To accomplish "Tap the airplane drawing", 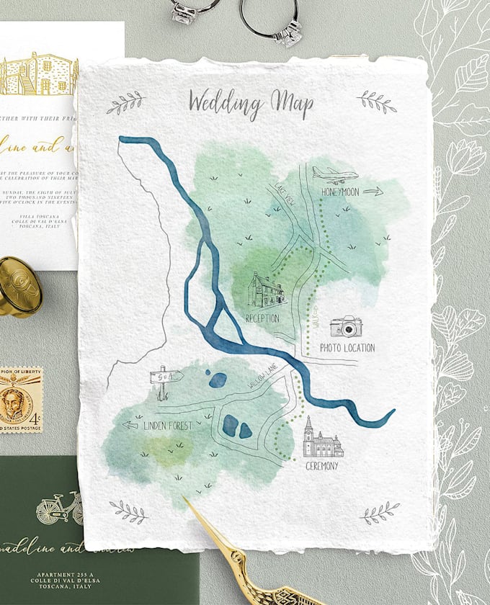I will click(x=335, y=175).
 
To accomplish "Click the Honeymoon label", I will click(x=340, y=192).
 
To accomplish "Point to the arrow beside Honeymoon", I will click(x=372, y=192).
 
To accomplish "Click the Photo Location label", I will click(x=347, y=348).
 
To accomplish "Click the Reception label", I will click(x=262, y=318).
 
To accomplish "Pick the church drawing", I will click(x=321, y=439).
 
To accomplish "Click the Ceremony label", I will click(x=321, y=466).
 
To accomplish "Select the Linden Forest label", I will click(x=168, y=426).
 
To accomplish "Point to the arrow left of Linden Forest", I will click(x=130, y=425).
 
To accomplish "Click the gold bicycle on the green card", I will click(x=58, y=508).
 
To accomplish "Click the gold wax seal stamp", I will click(x=17, y=286).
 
